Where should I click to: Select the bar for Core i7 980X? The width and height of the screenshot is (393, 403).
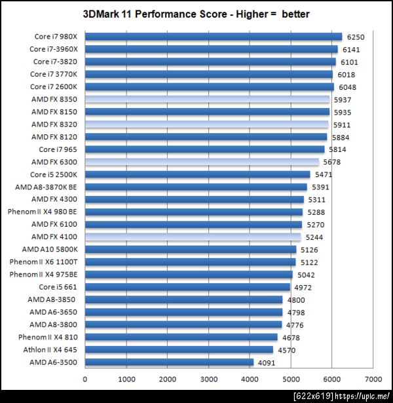point(214,37)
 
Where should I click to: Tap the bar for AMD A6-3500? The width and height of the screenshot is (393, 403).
point(169,362)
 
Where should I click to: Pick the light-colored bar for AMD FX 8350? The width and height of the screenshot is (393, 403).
point(208,100)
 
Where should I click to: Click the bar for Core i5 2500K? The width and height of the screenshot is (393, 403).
point(197,174)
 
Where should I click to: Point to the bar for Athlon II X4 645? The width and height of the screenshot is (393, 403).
point(179,349)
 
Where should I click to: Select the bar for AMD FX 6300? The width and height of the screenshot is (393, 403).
point(202,162)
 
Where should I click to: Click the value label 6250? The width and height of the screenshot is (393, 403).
point(354,37)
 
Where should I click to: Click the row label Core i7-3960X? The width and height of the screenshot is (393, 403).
point(54,49)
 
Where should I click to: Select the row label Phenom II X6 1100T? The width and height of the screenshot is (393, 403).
point(44,262)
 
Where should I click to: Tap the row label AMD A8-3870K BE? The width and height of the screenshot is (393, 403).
point(47,187)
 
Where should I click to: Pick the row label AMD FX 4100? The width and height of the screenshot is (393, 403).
point(54,237)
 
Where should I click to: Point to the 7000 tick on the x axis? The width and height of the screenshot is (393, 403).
point(373,379)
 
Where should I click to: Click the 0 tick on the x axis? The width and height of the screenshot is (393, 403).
point(85,379)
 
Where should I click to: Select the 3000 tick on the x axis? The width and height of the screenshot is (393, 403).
point(208,379)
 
